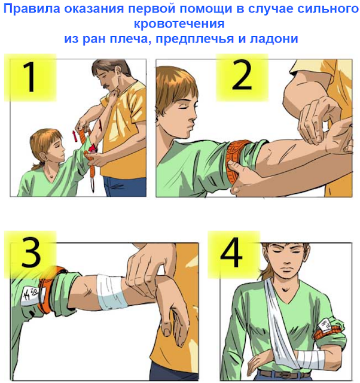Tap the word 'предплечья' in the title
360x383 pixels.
[194, 38]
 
